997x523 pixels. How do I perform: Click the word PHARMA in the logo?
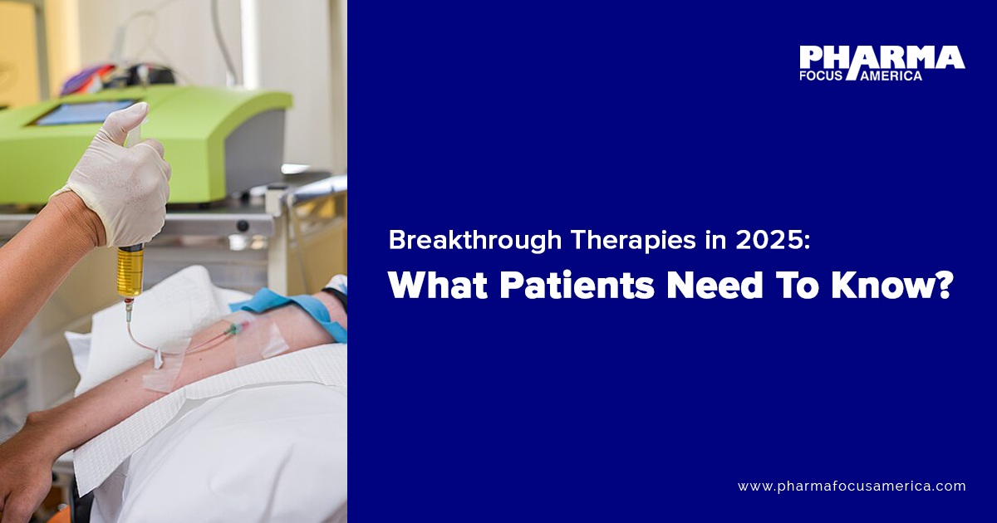click(x=881, y=57)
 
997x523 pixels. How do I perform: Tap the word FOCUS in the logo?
click(x=820, y=76)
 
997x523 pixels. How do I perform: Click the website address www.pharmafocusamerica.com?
click(x=852, y=486)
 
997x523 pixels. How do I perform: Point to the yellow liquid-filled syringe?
click(x=130, y=272)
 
